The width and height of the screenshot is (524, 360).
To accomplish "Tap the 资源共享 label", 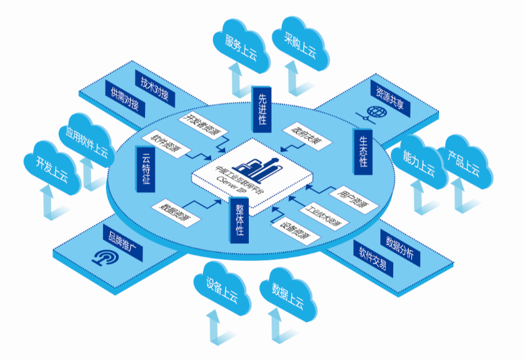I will [390, 100].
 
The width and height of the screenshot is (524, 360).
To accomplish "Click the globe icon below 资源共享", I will [372, 113].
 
